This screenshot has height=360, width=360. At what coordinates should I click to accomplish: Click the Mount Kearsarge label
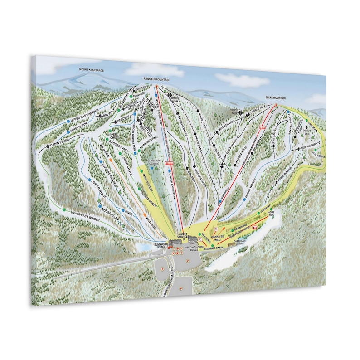[x=92, y=70]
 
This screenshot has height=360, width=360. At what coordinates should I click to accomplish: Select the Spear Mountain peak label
[x=276, y=97]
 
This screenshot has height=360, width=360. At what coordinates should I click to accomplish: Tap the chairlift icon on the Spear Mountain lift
[x=262, y=128]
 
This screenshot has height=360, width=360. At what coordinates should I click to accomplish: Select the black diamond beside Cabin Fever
[x=48, y=147]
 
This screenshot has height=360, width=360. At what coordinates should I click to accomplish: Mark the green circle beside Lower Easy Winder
[x=64, y=210]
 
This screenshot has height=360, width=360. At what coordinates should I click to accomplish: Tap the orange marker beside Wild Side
[x=110, y=160]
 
